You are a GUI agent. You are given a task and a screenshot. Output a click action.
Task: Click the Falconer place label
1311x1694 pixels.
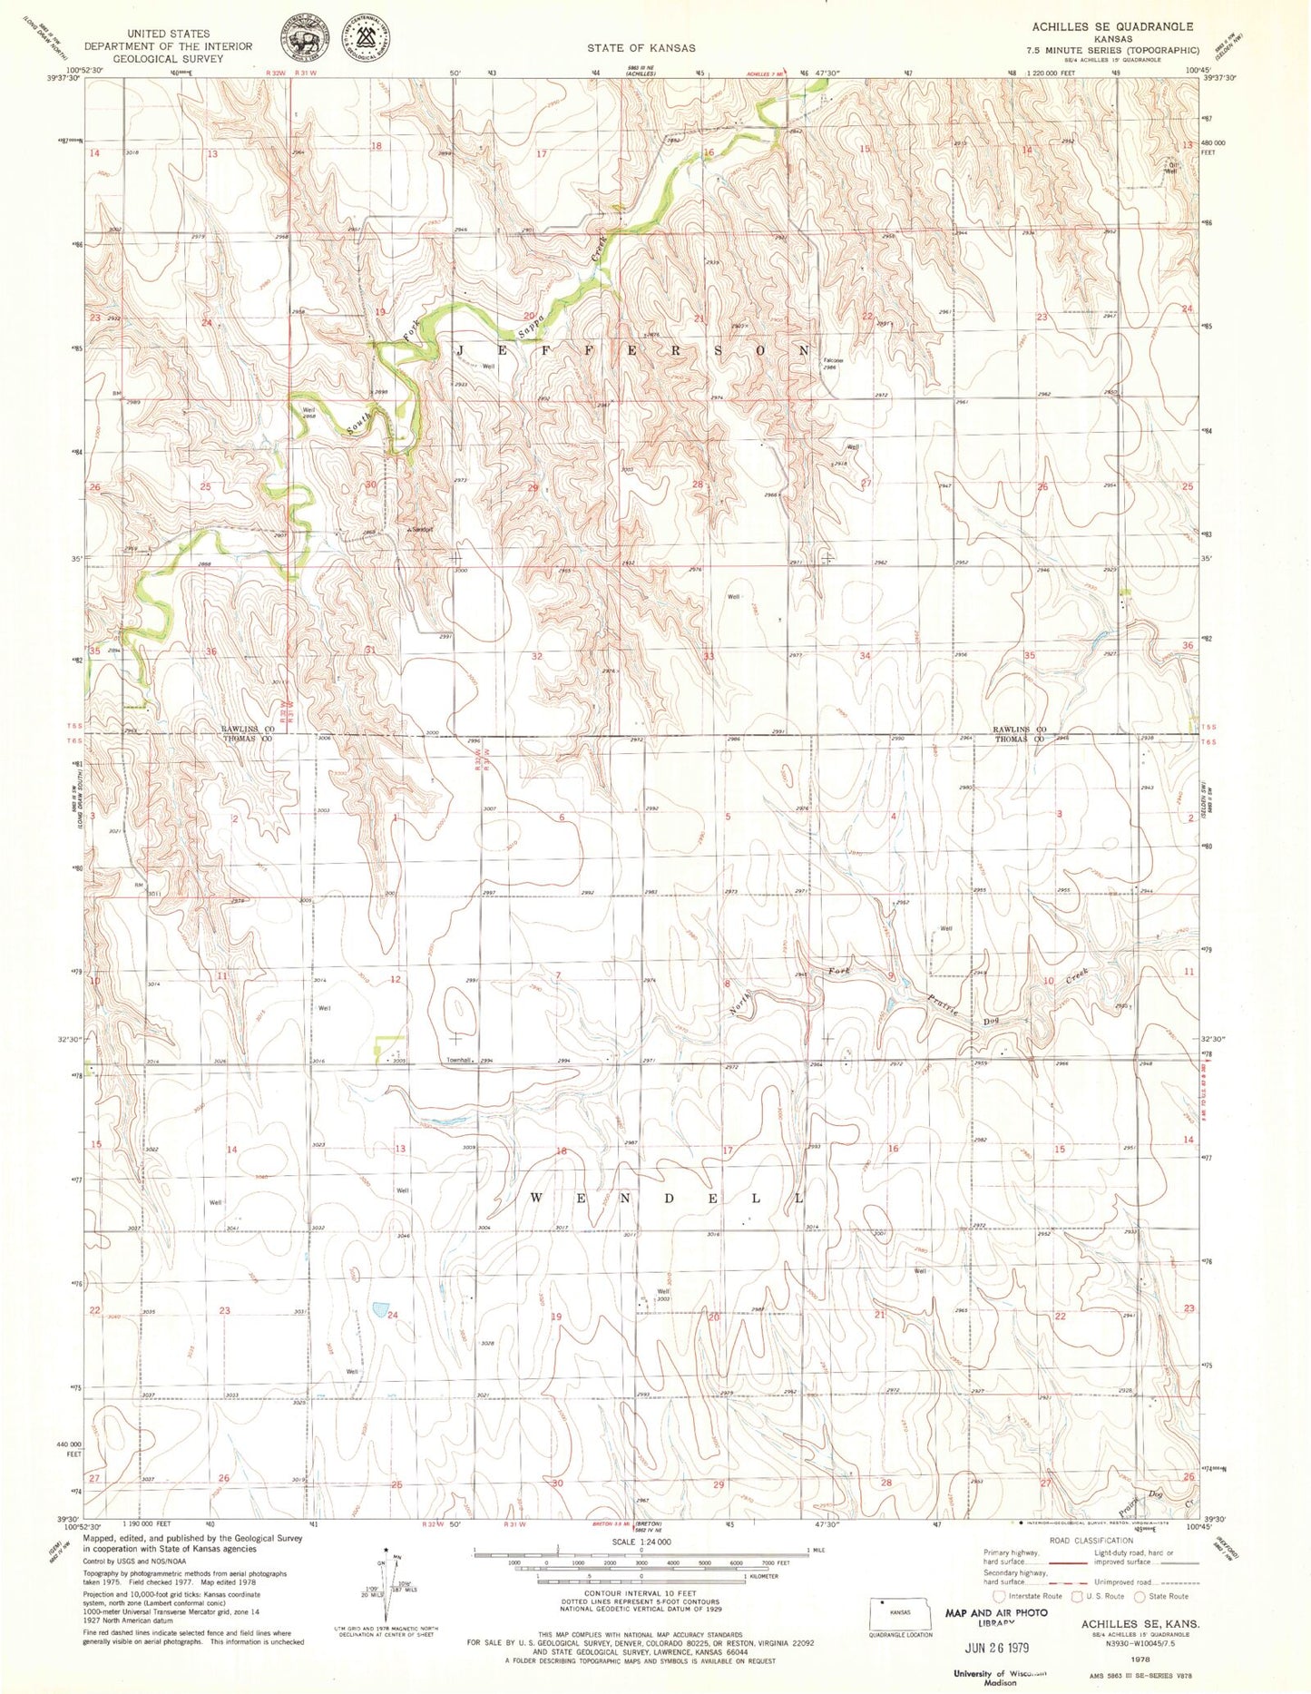833,360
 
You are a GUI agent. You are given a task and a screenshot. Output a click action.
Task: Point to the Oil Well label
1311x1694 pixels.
1171,167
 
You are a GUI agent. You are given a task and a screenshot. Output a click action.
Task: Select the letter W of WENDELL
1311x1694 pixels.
535,1199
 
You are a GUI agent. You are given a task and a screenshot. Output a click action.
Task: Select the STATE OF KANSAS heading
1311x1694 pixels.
641,48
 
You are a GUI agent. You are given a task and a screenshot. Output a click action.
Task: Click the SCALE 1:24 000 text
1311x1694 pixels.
641,1542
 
